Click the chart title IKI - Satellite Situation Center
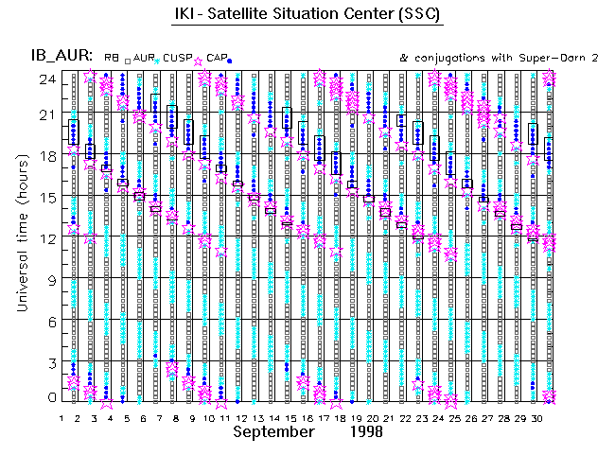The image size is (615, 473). tap(307, 14)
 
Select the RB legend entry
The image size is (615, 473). tap(110, 58)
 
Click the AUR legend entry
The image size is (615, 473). tap(144, 58)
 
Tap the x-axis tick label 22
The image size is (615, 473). tap(404, 417)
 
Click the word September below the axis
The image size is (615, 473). tap(273, 431)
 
